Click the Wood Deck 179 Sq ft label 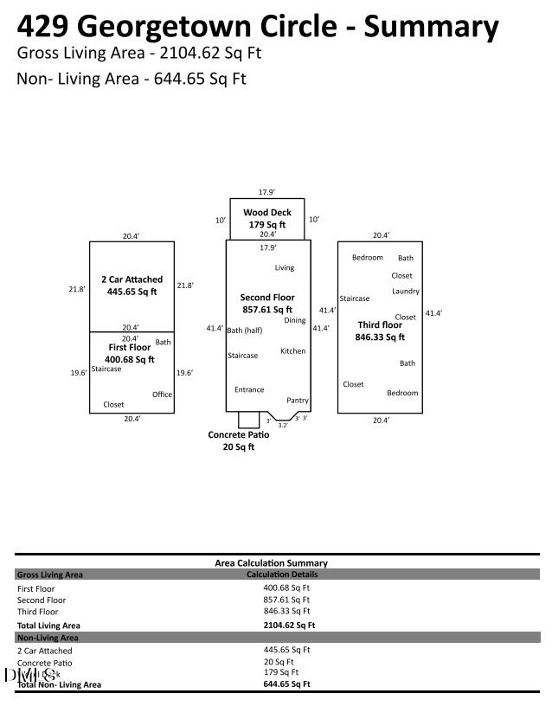coord(266,218)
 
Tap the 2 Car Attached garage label coord(132,286)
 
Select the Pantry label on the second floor coord(298,401)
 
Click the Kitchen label coord(292,351)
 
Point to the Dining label coord(294,320)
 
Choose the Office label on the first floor coord(162,395)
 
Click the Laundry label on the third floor coord(405,292)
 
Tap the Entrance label coord(249,389)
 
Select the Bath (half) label coord(245,331)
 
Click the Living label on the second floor coord(285,268)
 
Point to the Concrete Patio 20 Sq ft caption coord(239,440)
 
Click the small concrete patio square coord(248,420)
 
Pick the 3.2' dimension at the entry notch coord(283,425)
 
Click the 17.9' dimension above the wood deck coord(266,192)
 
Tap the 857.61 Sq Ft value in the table coord(286,599)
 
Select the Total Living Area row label coord(48,625)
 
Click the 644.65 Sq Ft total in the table coord(286,684)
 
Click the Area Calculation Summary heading coord(271,563)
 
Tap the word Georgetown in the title coord(176,26)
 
